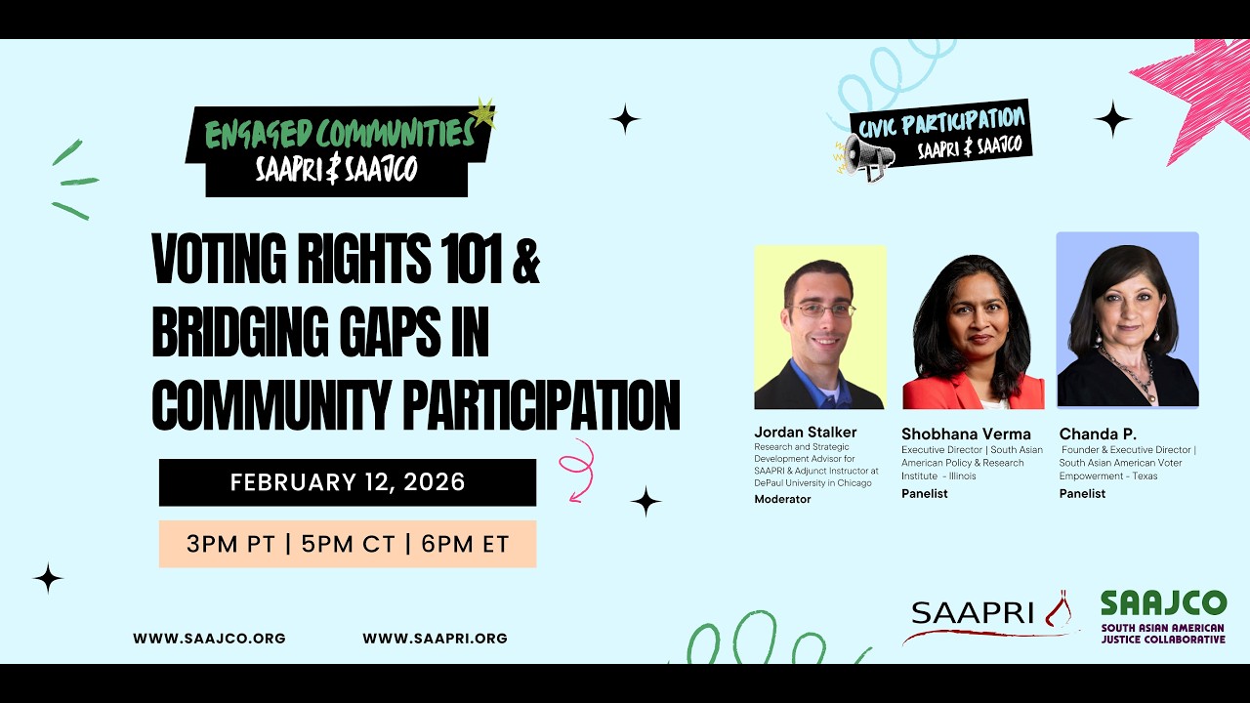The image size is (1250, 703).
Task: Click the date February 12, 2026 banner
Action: [x=348, y=482]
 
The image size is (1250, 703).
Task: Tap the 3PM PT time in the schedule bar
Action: [x=230, y=544]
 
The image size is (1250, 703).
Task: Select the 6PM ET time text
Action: [x=465, y=544]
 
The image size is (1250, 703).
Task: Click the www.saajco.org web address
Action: [x=209, y=639]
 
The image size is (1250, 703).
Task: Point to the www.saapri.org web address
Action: [x=435, y=639]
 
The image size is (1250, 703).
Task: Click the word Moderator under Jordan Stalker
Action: [x=782, y=499]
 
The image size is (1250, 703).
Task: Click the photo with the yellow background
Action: [x=819, y=327]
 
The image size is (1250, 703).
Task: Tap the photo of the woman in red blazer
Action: [x=973, y=332]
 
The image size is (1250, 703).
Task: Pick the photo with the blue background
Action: [x=1127, y=319]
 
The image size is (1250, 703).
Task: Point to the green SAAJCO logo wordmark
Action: [x=1162, y=603]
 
